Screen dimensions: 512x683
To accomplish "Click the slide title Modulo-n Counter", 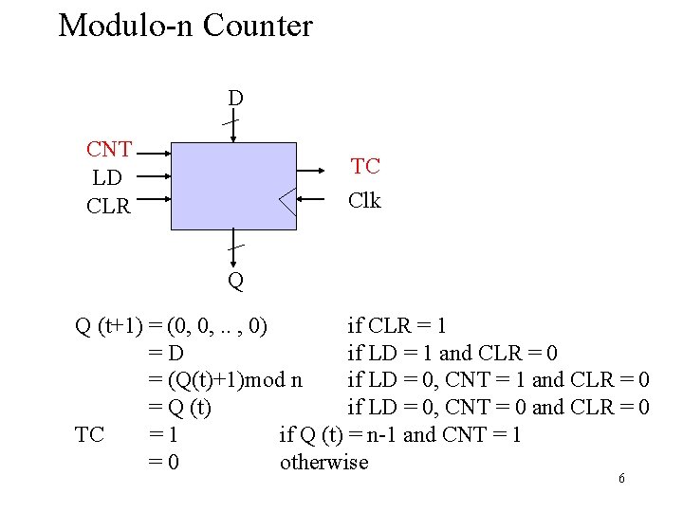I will (x=185, y=26).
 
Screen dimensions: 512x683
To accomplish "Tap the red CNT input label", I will (x=109, y=150).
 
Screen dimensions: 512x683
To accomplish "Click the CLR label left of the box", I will (x=108, y=205).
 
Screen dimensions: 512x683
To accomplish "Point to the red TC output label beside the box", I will (x=365, y=167).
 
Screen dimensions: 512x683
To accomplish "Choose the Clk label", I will (x=364, y=200).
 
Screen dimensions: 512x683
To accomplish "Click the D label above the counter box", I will (x=235, y=98).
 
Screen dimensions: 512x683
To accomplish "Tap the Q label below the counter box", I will (x=235, y=281).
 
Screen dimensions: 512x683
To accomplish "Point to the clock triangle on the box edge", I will (x=288, y=200).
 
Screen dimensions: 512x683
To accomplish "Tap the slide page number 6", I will (x=621, y=479).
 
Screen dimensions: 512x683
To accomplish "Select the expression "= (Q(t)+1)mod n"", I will (x=226, y=380).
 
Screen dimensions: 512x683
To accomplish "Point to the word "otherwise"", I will (x=323, y=462).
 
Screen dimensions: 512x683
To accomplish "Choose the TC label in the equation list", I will (x=89, y=434).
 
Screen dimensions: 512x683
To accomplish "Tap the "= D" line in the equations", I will (x=165, y=354).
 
